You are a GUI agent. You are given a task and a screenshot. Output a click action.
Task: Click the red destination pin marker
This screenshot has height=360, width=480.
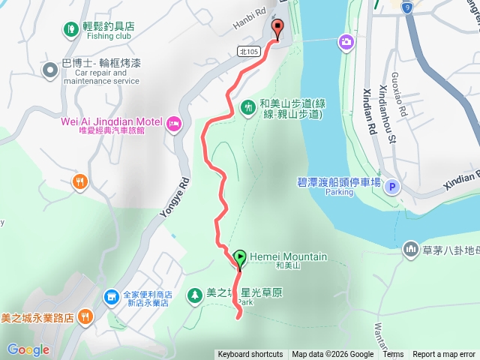(x=278, y=29)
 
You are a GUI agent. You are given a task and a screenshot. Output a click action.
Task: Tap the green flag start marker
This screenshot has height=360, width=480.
(x=239, y=259)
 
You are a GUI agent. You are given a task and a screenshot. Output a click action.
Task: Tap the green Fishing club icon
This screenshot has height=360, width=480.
(x=70, y=29)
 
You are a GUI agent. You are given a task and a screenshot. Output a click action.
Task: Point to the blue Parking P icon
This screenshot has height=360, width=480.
(x=392, y=187)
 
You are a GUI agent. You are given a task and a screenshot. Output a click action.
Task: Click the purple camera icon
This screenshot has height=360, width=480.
(x=346, y=40)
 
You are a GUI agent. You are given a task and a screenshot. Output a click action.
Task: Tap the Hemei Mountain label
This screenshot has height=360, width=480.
(x=288, y=256)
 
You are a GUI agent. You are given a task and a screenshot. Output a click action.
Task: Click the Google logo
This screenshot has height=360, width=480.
(x=28, y=349)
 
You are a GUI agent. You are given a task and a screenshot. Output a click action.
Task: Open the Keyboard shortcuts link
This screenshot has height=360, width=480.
(x=250, y=355)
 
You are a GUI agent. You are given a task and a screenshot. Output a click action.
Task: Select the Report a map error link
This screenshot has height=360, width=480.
(x=444, y=355)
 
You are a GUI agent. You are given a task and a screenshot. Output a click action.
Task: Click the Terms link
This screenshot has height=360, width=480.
(x=393, y=355)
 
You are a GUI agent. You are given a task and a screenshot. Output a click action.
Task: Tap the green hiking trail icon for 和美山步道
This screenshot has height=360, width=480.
(x=248, y=109)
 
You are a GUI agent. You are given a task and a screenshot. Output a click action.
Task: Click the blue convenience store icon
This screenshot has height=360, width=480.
(x=111, y=298)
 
